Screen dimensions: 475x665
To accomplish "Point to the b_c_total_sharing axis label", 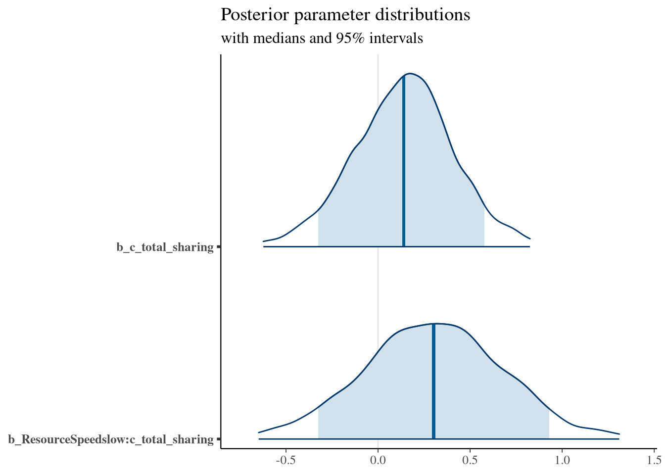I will (x=165, y=246).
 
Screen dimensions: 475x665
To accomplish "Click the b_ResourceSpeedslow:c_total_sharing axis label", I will (x=111, y=439).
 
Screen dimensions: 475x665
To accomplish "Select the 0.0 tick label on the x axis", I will (x=378, y=459).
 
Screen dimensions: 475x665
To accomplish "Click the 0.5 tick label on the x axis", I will (x=470, y=459).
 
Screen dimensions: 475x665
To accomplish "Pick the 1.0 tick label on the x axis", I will (x=562, y=459).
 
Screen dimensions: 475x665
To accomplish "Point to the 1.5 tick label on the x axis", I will (x=654, y=459).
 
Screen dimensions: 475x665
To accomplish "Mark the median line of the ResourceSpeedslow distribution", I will (x=433, y=381).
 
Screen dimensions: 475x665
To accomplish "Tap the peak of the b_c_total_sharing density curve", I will (x=411, y=73).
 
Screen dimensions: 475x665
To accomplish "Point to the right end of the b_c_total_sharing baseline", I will (x=529, y=246).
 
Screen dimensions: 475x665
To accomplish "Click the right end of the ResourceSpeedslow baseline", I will (x=618, y=439).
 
